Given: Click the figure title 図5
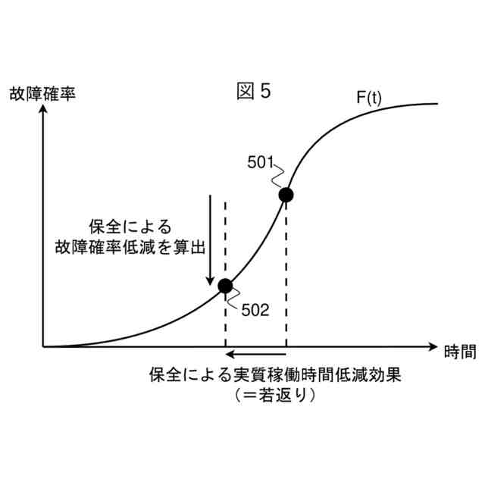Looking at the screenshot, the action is [252, 92].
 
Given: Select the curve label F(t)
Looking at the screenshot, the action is [371, 99].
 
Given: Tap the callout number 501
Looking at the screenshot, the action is [261, 162].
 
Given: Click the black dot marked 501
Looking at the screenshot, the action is [286, 196].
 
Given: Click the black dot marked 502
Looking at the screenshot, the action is [225, 286].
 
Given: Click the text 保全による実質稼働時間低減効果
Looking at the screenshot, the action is [274, 374].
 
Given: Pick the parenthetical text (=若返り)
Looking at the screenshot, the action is [274, 396].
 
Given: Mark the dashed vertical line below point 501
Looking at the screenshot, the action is [286, 273].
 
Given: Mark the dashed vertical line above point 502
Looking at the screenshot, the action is [225, 235].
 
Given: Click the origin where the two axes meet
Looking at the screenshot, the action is [44, 346].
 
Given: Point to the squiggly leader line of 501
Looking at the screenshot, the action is [278, 176].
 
